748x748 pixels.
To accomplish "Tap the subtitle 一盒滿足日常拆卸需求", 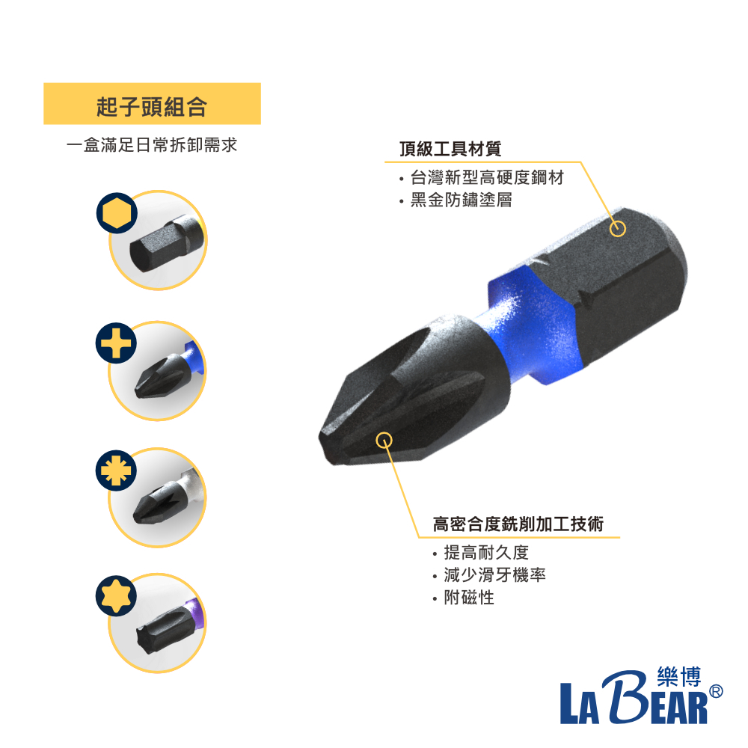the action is click(x=152, y=144).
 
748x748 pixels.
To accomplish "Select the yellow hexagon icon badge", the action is click(x=117, y=212).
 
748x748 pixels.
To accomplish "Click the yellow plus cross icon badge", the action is click(x=116, y=343).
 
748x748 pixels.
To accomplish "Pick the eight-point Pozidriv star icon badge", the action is click(x=116, y=470).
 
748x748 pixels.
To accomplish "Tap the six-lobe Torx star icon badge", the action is click(x=116, y=596).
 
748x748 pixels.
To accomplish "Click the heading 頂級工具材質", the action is click(x=450, y=148).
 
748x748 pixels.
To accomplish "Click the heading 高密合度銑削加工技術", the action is click(x=518, y=524).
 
